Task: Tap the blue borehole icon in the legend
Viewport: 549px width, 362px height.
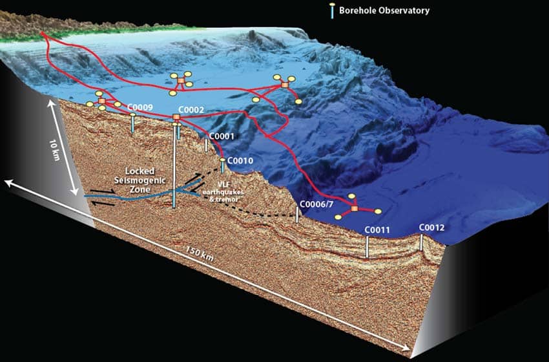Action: click(332, 11)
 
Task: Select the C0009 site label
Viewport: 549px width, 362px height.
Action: click(140, 107)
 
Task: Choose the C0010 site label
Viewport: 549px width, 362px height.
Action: click(241, 160)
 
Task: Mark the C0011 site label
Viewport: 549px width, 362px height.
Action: click(377, 229)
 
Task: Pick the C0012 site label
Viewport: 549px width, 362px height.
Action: click(431, 228)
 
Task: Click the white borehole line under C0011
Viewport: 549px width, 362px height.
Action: click(367, 247)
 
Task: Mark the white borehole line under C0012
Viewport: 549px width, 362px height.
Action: click(422, 242)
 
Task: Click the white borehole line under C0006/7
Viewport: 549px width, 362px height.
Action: click(297, 215)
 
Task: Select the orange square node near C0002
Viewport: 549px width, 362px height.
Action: click(176, 117)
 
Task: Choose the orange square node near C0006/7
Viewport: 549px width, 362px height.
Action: click(354, 208)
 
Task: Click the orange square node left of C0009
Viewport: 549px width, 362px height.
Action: click(101, 101)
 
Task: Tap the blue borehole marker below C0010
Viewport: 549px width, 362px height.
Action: click(222, 167)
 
